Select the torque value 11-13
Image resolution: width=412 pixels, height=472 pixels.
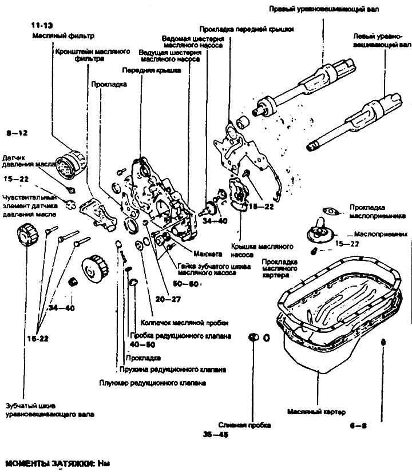[x=42, y=26]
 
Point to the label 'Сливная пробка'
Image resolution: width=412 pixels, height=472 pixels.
[x=252, y=425]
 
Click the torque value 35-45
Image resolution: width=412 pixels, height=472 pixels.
[x=213, y=435]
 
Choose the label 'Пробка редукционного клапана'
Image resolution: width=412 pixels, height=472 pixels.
[x=180, y=335]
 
